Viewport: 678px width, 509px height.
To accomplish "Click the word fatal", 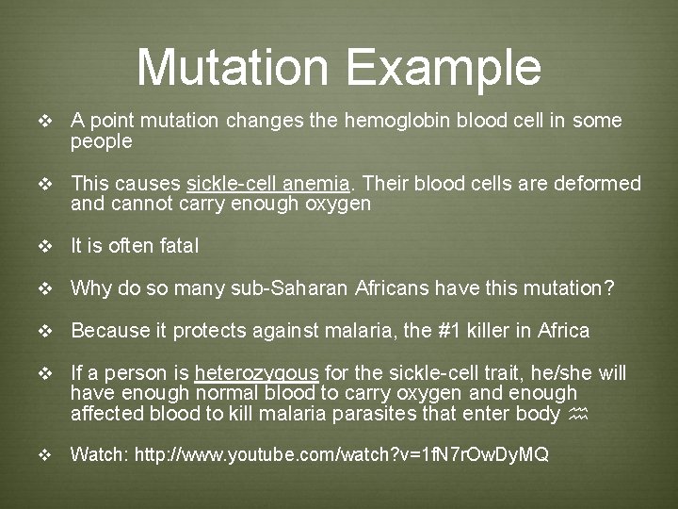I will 178,246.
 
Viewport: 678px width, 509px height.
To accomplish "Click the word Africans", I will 395,288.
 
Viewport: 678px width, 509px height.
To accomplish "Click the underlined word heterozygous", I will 256,373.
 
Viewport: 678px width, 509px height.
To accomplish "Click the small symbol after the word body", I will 579,414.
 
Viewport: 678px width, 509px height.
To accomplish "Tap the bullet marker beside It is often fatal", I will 42,247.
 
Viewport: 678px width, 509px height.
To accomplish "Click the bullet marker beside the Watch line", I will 42,455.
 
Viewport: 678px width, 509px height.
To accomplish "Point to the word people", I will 102,141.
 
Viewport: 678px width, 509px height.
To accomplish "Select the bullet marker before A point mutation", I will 42,122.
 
